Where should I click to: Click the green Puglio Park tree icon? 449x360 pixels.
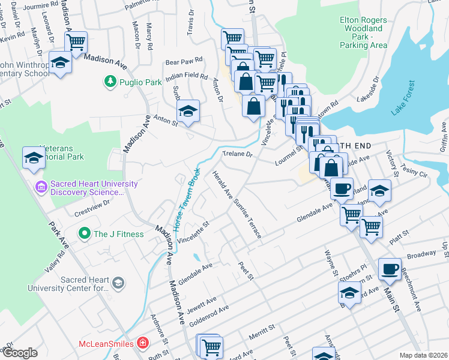tap(110, 82)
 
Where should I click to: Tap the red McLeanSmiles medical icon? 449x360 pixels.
tap(142, 344)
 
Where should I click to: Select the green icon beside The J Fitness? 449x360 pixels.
tap(85, 233)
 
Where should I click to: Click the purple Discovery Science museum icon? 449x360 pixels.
tap(41, 188)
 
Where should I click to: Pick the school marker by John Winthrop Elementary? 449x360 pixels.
tap(59, 63)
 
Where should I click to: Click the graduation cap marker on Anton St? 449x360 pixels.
tap(188, 112)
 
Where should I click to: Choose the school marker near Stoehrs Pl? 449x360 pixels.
tap(349, 293)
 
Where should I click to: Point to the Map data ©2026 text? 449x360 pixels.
tap(423, 355)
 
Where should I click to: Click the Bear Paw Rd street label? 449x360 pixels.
tap(184, 61)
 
